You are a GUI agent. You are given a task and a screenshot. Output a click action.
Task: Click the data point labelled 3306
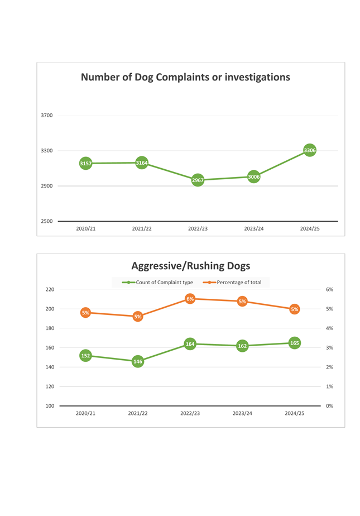(310, 150)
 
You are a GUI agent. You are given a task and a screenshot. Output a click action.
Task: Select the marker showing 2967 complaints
(198, 180)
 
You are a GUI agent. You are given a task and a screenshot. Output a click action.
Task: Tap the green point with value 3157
(85, 164)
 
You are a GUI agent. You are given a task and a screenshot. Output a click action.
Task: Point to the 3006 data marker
(253, 177)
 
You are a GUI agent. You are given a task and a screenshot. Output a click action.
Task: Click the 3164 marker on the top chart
(142, 163)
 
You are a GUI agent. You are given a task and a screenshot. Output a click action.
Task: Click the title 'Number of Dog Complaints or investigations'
(185, 77)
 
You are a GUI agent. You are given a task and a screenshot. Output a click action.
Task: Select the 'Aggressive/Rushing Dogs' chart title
(190, 266)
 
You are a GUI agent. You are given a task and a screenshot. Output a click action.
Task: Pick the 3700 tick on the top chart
(47, 116)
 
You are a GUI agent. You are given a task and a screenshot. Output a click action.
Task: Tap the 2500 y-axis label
(47, 222)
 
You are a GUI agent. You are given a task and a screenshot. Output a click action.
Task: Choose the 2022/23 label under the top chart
(198, 229)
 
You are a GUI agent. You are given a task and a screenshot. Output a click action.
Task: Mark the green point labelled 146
(138, 361)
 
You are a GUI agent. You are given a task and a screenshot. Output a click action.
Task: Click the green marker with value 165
(295, 343)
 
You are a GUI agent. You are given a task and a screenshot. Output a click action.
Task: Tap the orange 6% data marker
(190, 299)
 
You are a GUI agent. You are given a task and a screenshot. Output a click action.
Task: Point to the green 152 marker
(85, 355)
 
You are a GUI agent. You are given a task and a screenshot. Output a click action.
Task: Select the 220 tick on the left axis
(50, 289)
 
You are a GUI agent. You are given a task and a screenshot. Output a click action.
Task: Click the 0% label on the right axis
(329, 406)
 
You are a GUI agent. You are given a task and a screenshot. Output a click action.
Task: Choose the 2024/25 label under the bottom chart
(295, 414)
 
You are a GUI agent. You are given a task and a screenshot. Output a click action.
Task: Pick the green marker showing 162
(242, 346)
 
